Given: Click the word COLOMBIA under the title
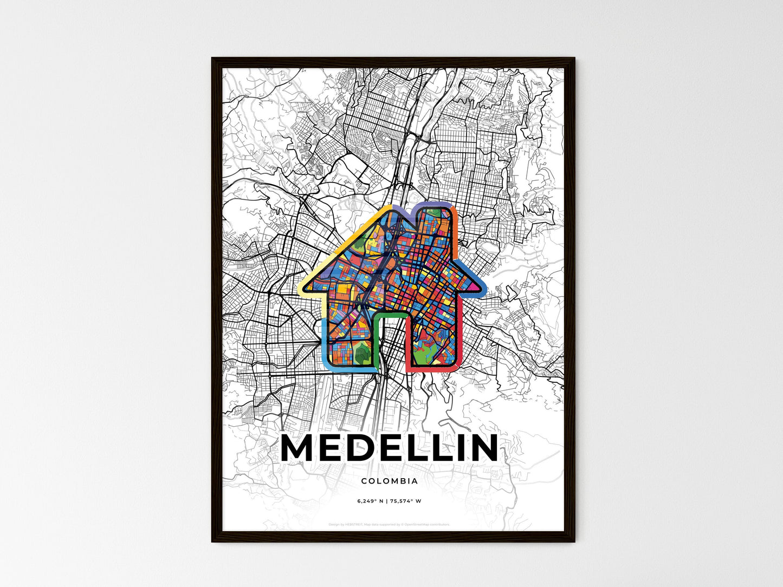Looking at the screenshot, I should tap(389, 481).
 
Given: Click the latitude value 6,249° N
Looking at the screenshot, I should tap(370, 501).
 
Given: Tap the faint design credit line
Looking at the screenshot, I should tap(389, 524).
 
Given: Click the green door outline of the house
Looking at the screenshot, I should tap(390, 315).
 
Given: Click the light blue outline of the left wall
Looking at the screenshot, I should tap(324, 341).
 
